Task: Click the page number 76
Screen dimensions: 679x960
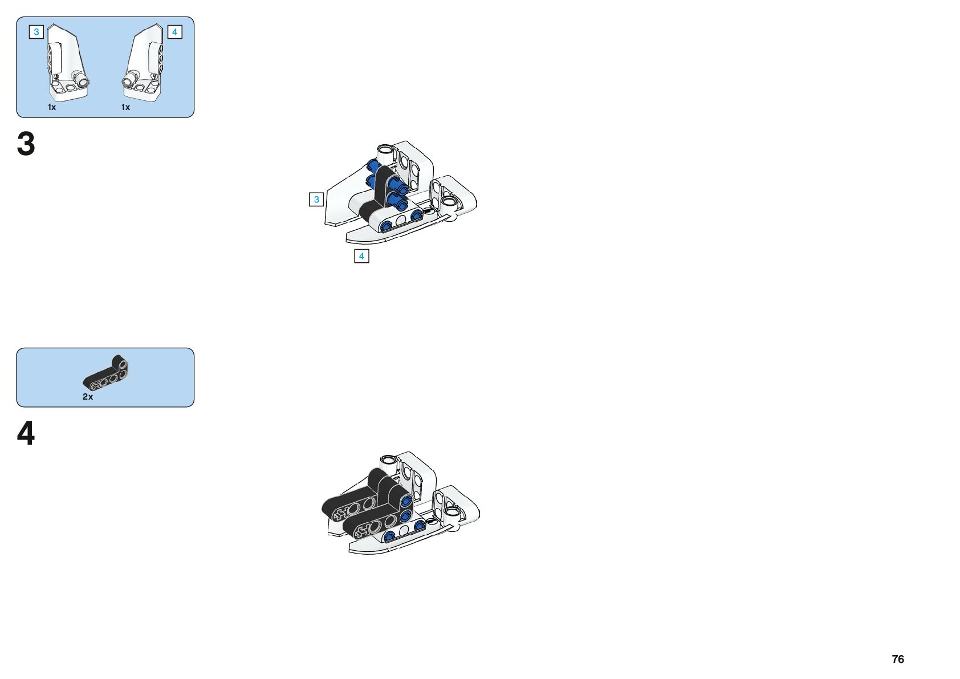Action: coord(898,659)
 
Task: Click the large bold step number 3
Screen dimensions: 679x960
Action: coord(26,144)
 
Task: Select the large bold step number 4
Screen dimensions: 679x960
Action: coord(26,433)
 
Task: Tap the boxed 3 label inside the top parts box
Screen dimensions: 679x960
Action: coord(36,32)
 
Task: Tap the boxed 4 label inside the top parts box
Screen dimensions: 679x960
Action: coord(174,32)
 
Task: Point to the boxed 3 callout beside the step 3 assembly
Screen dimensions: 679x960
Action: coord(316,200)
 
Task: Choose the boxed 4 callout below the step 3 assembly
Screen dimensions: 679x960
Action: coord(361,256)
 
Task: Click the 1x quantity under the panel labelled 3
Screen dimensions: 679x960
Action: coord(52,107)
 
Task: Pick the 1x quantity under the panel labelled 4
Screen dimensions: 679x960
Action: coord(125,107)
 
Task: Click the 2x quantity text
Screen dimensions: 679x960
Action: coord(88,397)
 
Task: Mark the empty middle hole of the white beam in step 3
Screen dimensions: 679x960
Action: coord(401,219)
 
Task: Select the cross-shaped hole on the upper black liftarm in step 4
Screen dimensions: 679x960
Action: coord(340,513)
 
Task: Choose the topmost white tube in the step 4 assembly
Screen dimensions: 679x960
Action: coord(388,460)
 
